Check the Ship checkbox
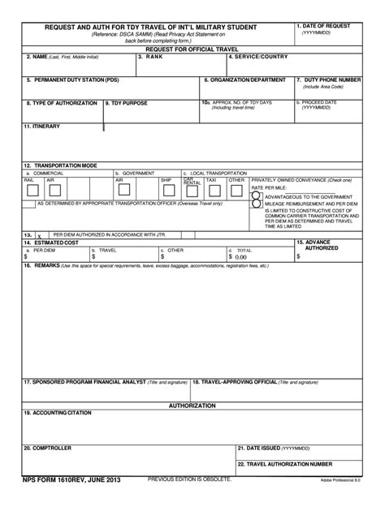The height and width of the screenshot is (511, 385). pos(167,191)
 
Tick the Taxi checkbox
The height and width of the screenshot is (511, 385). pos(214,191)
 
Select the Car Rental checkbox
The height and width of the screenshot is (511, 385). pos(191,191)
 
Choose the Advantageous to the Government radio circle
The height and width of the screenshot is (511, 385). pos(256,196)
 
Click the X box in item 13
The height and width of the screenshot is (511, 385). pos(38,235)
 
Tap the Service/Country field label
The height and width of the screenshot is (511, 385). pos(258,57)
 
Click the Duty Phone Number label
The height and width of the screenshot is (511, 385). pos(328,79)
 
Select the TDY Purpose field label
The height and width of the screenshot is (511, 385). pos(127,103)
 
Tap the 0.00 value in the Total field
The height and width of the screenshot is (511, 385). pos(240,257)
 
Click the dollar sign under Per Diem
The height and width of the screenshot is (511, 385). pos(26,257)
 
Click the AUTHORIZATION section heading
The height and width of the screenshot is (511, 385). pos(192,405)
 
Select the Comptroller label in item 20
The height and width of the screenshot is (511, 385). pos(47,448)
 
